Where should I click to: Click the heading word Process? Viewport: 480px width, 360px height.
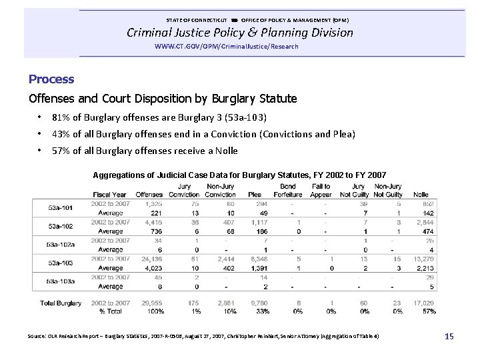[x=51, y=79]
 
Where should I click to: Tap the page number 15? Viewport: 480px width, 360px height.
[x=449, y=337]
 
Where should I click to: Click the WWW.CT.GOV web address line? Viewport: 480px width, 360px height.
[x=226, y=47]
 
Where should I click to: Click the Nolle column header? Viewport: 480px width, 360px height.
[x=421, y=194]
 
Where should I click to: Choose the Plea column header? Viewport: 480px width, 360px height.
[x=254, y=194]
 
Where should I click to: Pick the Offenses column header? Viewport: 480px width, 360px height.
[x=149, y=194]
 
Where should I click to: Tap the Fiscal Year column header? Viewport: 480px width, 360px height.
[x=109, y=194]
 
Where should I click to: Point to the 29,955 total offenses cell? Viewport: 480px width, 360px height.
[x=151, y=303]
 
